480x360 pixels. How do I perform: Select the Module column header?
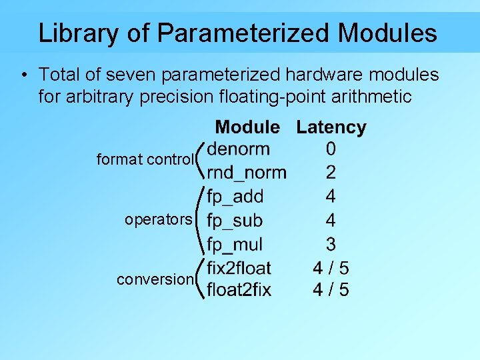coord(247,127)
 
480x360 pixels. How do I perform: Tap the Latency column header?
coord(331,127)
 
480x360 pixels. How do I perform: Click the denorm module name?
coord(238,149)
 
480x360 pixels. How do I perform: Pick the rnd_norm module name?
coord(247,173)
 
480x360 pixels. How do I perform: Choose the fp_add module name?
coord(235,197)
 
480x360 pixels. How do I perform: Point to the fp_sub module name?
coord(235,220)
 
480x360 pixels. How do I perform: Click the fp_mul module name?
coord(235,244)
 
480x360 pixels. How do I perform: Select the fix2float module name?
coord(239,268)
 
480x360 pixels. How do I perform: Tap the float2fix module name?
coord(239,290)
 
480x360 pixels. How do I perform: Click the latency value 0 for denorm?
coord(331,149)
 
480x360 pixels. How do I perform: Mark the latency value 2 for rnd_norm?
coord(331,173)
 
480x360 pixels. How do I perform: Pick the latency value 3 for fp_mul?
coord(331,244)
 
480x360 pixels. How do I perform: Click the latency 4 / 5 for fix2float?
coord(331,268)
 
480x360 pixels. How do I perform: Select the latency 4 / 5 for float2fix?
coord(331,290)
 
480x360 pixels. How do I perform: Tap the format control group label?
coord(145,160)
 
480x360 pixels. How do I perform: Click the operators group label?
coord(159,220)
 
